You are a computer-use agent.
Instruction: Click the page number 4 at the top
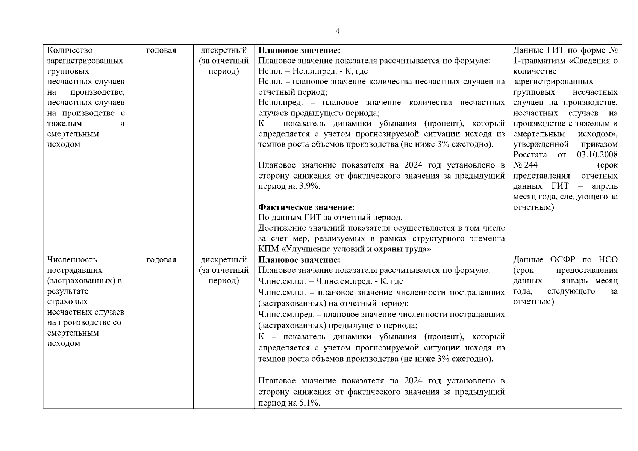337,31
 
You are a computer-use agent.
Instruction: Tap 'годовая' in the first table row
161,50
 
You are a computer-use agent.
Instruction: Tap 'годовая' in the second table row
161,260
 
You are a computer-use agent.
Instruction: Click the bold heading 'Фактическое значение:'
306,207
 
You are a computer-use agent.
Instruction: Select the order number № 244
526,165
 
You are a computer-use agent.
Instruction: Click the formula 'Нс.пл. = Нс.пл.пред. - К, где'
313,71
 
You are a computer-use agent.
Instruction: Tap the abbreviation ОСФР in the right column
563,260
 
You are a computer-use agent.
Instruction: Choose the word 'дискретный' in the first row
224,50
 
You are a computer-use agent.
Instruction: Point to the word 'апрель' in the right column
604,186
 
